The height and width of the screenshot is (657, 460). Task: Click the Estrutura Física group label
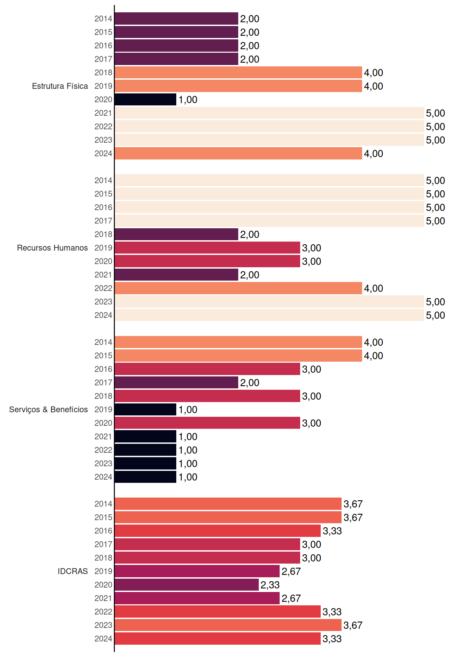[60, 86]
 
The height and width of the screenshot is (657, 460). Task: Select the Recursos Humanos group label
[52, 248]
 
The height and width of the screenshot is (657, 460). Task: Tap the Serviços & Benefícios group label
[48, 410]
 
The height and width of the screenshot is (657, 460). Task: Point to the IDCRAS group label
[73, 571]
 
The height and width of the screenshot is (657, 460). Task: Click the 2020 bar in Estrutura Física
[145, 100]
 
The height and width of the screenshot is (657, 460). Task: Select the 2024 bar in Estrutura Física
[238, 153]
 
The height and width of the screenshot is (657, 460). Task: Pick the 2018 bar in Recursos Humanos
[176, 234]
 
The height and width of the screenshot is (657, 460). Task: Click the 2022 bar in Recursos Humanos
[238, 288]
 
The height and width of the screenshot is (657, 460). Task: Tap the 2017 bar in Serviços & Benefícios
[176, 383]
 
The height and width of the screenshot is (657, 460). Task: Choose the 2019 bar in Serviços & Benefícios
[145, 410]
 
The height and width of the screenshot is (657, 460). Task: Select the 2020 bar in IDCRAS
[187, 585]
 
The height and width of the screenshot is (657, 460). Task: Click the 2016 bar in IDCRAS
[218, 531]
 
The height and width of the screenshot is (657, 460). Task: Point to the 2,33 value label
[270, 585]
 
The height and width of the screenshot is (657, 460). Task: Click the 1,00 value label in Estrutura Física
[188, 100]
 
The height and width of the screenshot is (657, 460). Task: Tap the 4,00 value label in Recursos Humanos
[373, 288]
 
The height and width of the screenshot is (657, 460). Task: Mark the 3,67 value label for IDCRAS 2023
[353, 625]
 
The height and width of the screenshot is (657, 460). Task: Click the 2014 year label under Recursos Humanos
[103, 180]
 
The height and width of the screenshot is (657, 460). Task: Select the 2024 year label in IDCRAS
[103, 639]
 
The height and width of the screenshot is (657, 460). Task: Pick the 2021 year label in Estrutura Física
[103, 113]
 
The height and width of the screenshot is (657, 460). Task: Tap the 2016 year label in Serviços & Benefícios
[103, 369]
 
